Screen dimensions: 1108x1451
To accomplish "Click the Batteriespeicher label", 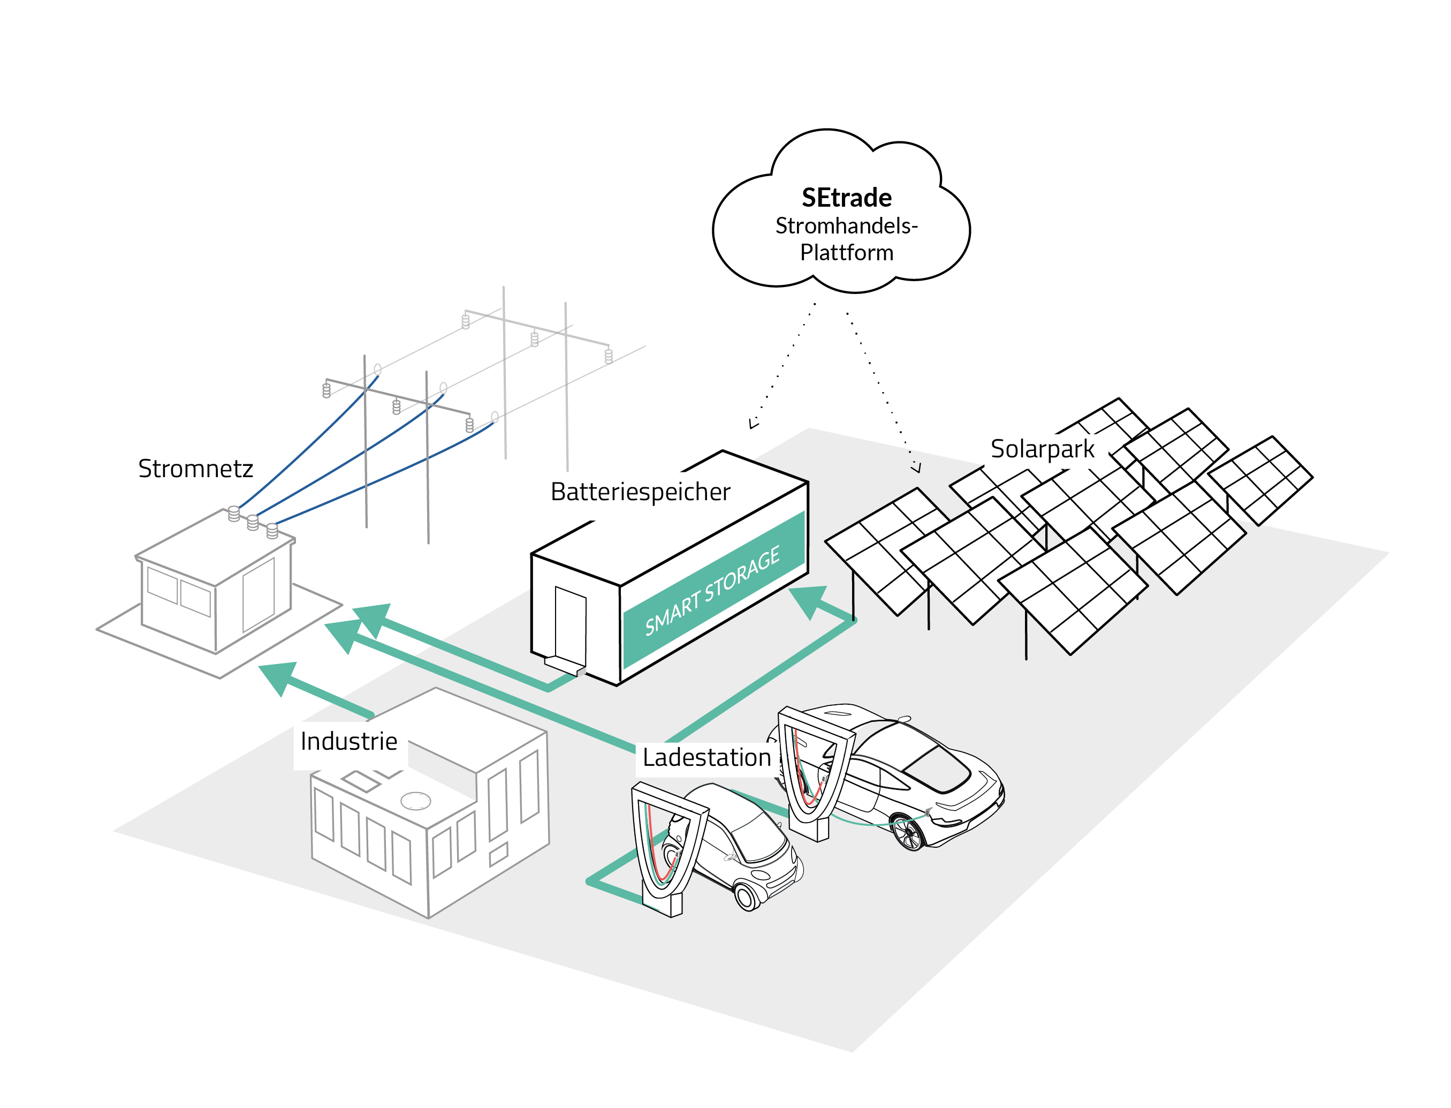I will click(x=640, y=492).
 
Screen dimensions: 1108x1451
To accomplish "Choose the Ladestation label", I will click(x=706, y=758).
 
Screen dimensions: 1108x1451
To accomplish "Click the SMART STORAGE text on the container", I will click(x=712, y=590).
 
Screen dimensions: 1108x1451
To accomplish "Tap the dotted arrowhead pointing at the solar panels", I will click(x=916, y=467).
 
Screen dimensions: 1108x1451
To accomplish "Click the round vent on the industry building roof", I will click(x=415, y=801).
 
